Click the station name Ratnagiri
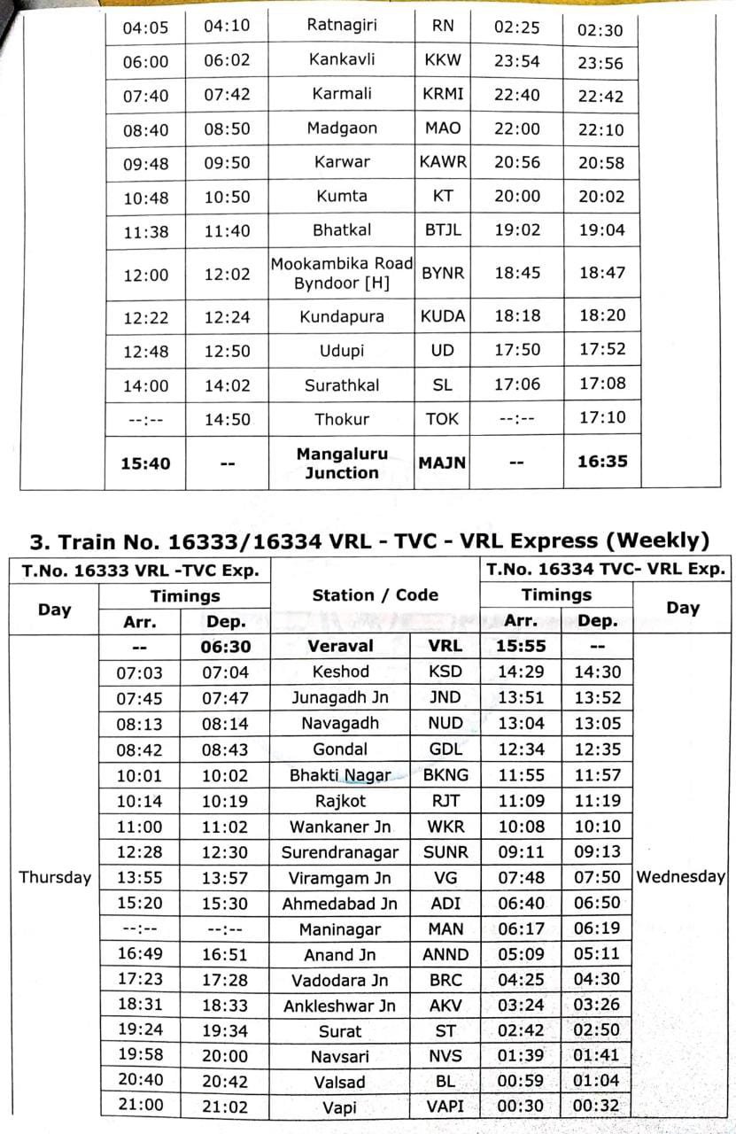pyautogui.click(x=341, y=25)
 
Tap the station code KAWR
pyautogui.click(x=442, y=162)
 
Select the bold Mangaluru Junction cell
pyautogui.click(x=342, y=462)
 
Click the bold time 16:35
pyautogui.click(x=601, y=461)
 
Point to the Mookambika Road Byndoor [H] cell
pyautogui.click(x=342, y=274)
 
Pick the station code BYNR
pyautogui.click(x=442, y=274)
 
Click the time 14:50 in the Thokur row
pyautogui.click(x=227, y=419)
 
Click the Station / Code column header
pyautogui.click(x=375, y=594)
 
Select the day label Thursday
pyautogui.click(x=55, y=877)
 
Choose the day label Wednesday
pyautogui.click(x=680, y=877)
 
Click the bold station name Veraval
pyautogui.click(x=340, y=646)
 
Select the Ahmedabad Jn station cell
pyautogui.click(x=340, y=904)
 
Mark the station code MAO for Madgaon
pyautogui.click(x=442, y=128)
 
